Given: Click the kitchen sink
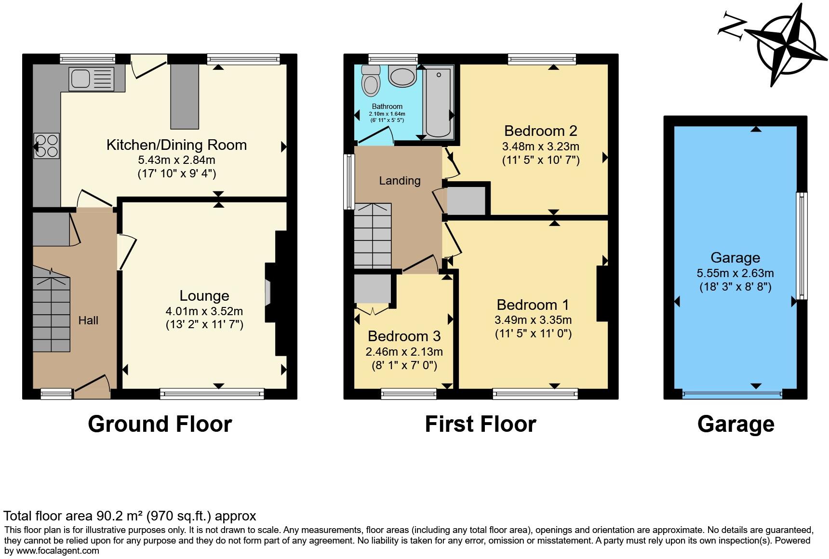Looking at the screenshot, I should point(92,80).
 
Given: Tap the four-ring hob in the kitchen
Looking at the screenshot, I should point(47,146).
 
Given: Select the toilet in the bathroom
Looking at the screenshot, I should point(371,80).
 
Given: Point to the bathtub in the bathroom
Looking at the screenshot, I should point(438,102).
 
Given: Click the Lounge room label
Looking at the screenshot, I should point(204,296).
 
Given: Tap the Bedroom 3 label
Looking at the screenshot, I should point(404,336).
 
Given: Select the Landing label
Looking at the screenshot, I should point(400,181).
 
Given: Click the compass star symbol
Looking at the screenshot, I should point(786,46).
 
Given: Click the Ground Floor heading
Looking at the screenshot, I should point(160,424).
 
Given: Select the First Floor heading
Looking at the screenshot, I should point(480,424).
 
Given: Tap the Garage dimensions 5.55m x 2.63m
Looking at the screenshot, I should point(735,273).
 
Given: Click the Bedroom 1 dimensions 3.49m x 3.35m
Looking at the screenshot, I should point(533,319).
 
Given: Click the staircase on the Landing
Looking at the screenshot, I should point(373,236).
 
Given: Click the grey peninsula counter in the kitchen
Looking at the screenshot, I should point(185,96).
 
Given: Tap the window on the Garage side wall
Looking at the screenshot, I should point(801,246).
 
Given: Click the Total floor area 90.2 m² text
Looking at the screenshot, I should point(130,516).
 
